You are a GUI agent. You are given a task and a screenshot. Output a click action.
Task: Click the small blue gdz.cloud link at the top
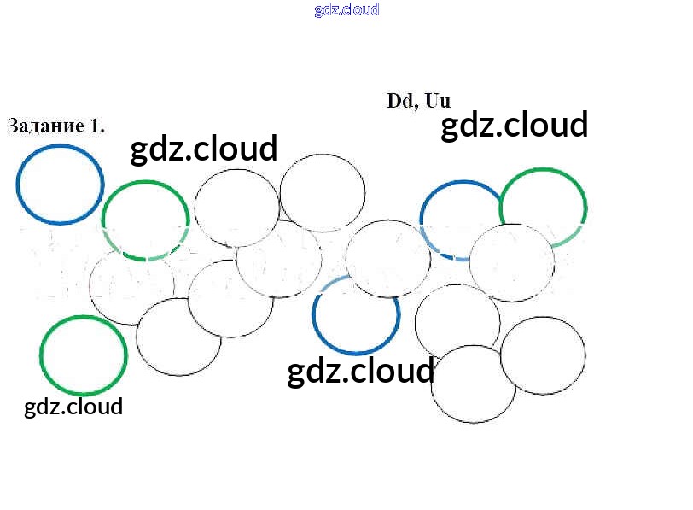click(x=347, y=9)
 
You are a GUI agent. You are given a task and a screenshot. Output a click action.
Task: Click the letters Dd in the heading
click(x=400, y=101)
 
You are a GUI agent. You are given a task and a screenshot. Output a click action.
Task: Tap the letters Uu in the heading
click(x=438, y=101)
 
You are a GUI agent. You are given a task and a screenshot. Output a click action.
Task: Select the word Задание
click(x=46, y=126)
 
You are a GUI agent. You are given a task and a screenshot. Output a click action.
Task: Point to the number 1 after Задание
click(x=96, y=126)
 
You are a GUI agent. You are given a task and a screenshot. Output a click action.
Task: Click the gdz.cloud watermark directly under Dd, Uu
click(x=515, y=126)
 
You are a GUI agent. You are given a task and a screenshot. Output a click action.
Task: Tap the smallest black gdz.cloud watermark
click(x=73, y=407)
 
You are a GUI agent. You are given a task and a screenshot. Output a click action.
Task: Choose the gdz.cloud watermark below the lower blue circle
click(x=361, y=372)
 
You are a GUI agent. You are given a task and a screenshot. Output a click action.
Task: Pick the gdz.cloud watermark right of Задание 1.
click(x=204, y=149)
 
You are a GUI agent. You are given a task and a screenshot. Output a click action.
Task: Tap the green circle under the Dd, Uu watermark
click(x=543, y=169)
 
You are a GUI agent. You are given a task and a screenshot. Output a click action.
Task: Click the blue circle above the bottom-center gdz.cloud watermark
click(x=356, y=353)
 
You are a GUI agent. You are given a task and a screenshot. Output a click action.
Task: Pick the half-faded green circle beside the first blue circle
click(x=146, y=181)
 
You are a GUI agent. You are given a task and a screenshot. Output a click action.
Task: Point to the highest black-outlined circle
click(x=323, y=155)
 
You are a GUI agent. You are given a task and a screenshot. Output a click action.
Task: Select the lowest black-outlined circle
click(x=474, y=422)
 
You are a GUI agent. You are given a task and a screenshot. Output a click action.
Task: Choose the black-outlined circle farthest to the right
click(x=585, y=355)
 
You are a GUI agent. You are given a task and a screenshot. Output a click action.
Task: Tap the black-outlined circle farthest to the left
click(x=90, y=286)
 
